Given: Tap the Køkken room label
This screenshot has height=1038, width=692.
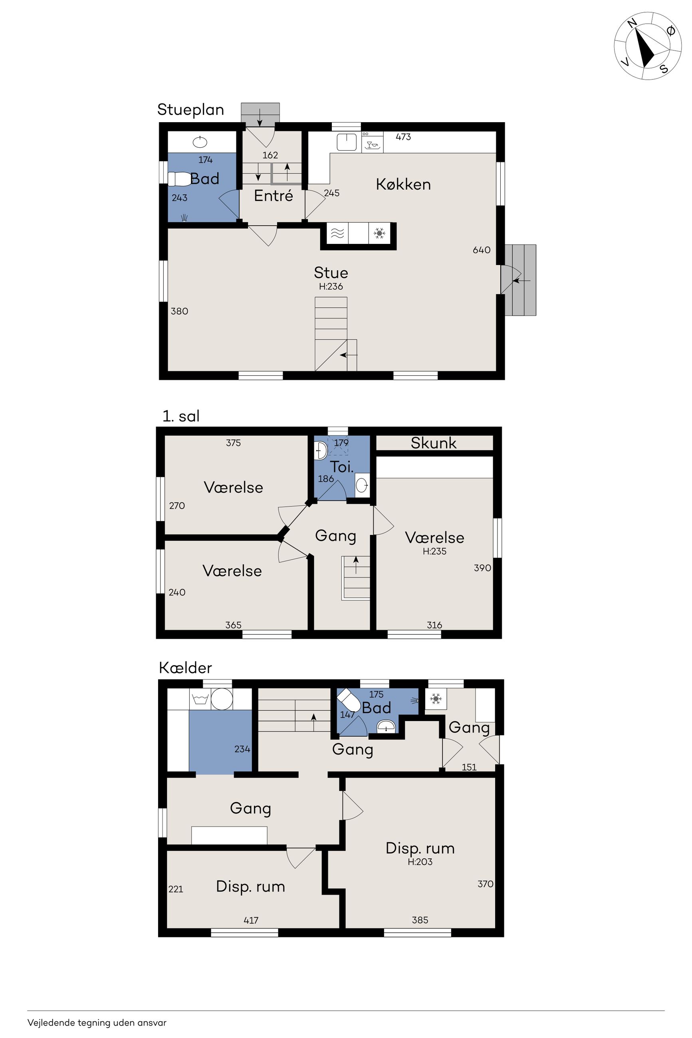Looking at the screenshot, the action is [x=403, y=184].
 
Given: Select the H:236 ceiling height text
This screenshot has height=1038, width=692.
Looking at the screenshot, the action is [x=331, y=286].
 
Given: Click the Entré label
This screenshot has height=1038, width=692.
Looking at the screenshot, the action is [x=273, y=196].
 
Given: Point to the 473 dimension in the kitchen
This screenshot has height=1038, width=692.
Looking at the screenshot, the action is [x=403, y=137].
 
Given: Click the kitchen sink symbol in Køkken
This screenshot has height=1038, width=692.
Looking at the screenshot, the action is [x=347, y=142].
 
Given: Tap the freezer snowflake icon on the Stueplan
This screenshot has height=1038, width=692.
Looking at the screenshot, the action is [x=379, y=234].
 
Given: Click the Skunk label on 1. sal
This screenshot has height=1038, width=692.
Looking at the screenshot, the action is [x=433, y=443].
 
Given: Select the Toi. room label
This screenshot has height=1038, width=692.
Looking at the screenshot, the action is [x=342, y=467].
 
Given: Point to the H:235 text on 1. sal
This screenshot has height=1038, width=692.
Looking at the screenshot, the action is [x=435, y=551].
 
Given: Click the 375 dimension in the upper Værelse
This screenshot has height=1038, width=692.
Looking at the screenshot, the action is [x=234, y=443].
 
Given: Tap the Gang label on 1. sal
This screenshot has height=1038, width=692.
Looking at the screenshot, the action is [x=335, y=536].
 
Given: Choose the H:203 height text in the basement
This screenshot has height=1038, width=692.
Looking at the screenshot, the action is [x=420, y=862].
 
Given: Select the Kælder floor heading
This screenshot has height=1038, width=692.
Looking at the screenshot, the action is [x=185, y=668].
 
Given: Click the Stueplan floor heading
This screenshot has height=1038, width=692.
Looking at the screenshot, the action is [x=190, y=110].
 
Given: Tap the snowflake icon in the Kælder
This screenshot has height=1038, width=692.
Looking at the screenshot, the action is [x=436, y=699].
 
